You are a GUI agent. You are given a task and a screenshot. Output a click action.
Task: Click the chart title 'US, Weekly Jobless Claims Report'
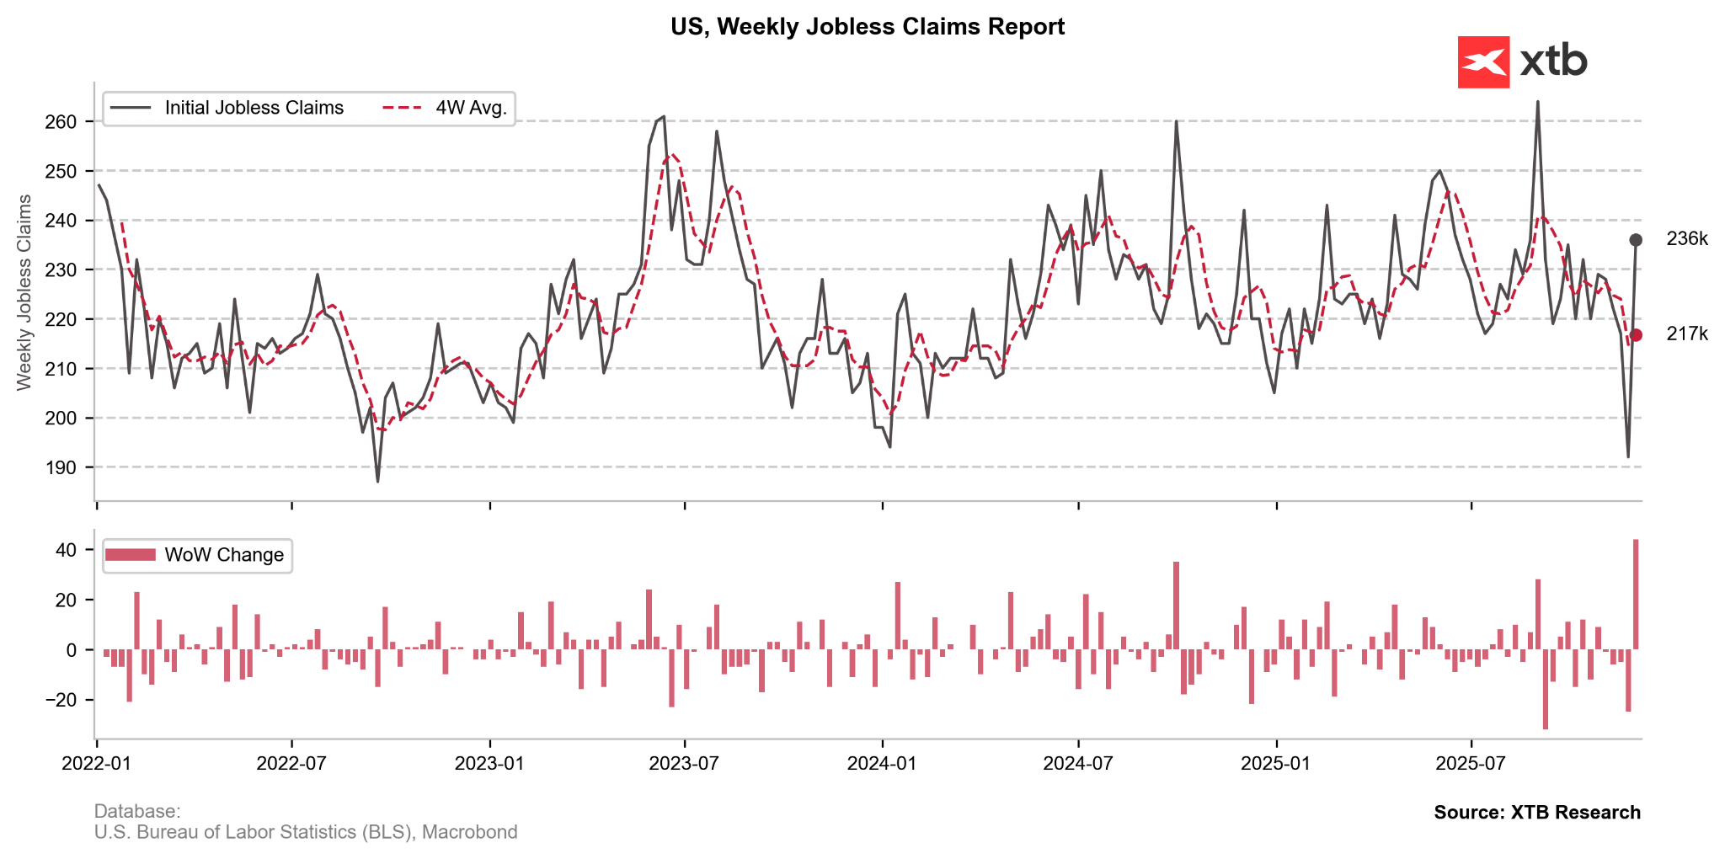tap(868, 27)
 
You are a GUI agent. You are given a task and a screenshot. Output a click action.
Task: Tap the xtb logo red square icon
tap(1483, 62)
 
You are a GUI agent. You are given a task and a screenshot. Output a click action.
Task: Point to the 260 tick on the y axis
tap(61, 122)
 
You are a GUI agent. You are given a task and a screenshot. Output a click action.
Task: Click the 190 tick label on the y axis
tap(61, 467)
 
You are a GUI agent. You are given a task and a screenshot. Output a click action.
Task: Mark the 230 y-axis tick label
tap(61, 270)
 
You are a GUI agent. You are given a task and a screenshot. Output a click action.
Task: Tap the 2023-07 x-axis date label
tap(684, 764)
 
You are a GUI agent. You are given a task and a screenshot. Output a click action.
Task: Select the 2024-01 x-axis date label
tap(882, 764)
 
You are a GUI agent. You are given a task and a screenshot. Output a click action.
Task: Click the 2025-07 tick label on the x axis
tap(1471, 764)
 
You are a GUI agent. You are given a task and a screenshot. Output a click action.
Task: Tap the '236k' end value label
tap(1687, 239)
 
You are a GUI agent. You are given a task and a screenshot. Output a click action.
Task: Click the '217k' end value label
tap(1687, 334)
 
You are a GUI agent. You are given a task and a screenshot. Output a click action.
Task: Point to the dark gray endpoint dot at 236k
tap(1636, 240)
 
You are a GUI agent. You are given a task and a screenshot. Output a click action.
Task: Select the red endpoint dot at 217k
tap(1636, 335)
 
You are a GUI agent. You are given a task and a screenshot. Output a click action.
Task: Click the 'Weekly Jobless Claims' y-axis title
tap(24, 292)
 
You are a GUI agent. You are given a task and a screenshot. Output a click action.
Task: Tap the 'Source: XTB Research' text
tap(1537, 813)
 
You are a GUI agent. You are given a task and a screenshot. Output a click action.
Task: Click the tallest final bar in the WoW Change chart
tap(1636, 595)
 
